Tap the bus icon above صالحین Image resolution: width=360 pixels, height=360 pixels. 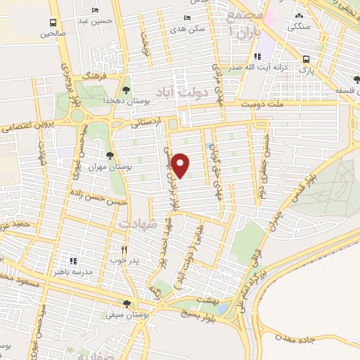point(53,20)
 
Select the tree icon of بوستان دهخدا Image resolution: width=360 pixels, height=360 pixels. point(126,89)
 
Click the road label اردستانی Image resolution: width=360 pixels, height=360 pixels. point(147,122)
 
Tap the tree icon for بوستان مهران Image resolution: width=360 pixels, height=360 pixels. point(109,155)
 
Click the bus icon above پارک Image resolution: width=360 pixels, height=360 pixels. point(306,59)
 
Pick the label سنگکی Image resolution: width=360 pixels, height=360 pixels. point(300,25)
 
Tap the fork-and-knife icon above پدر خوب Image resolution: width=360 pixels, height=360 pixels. point(124,249)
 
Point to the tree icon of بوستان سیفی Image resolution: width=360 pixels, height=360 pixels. point(126,304)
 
